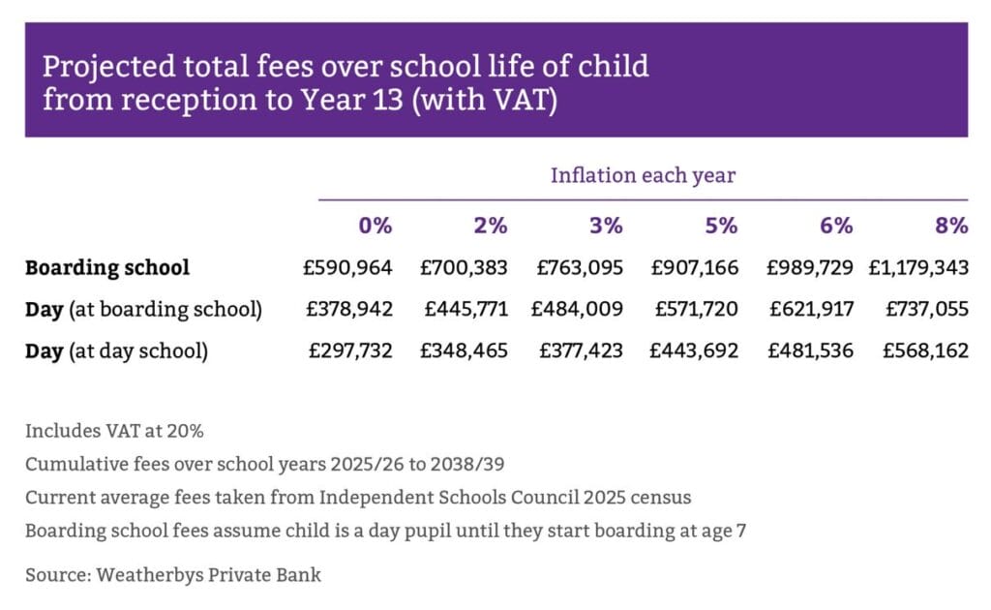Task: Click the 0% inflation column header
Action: pyautogui.click(x=375, y=226)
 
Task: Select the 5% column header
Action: pyautogui.click(x=721, y=226)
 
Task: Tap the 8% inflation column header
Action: pyautogui.click(x=951, y=226)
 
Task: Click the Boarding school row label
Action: pyautogui.click(x=107, y=268)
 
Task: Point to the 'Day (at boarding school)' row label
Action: pyautogui.click(x=143, y=310)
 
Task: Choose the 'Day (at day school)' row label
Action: pyautogui.click(x=116, y=351)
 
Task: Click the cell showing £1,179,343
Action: pyautogui.click(x=918, y=268)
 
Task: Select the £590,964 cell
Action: pyautogui.click(x=347, y=268)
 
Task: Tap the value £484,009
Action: pyautogui.click(x=577, y=309)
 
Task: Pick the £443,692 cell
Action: pyautogui.click(x=694, y=351)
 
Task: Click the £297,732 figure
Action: pyautogui.click(x=350, y=351)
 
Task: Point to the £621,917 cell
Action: pyautogui.click(x=812, y=309)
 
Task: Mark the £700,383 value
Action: pyautogui.click(x=464, y=268)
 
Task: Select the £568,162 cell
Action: pyautogui.click(x=926, y=351)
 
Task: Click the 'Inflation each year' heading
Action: pyautogui.click(x=643, y=175)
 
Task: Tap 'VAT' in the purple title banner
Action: pyautogui.click(x=513, y=100)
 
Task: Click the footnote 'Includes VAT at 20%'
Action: pyautogui.click(x=114, y=431)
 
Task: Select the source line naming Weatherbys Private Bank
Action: pyautogui.click(x=173, y=575)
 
